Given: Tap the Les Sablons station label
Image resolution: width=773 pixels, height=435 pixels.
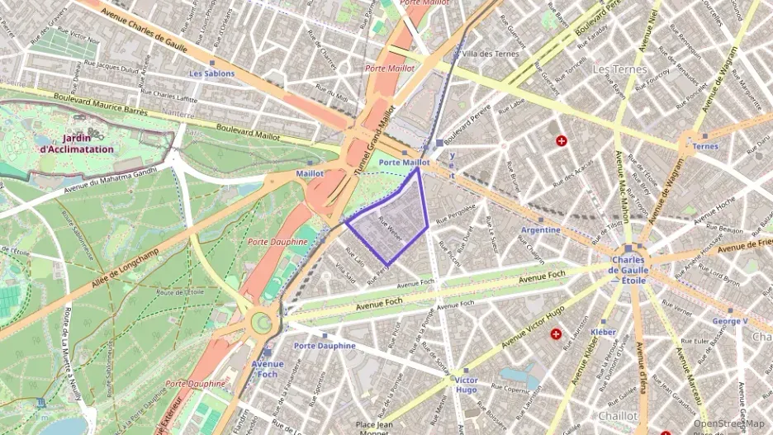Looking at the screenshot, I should [211, 73].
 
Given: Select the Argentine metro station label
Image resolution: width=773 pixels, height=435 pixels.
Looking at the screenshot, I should [541, 229].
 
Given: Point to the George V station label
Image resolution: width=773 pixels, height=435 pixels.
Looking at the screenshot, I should [730, 320].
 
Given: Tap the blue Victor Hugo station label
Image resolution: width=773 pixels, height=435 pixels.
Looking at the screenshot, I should [466, 385].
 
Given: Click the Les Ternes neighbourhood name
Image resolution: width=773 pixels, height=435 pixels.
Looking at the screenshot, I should [619, 69].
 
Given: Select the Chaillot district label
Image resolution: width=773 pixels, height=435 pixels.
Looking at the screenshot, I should [618, 416].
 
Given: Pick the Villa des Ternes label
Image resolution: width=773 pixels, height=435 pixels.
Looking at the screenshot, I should [492, 54].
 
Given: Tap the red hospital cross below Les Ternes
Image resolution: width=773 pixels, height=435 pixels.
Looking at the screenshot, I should [562, 141].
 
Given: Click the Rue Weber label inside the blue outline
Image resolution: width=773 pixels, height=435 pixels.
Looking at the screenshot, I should [389, 225].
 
